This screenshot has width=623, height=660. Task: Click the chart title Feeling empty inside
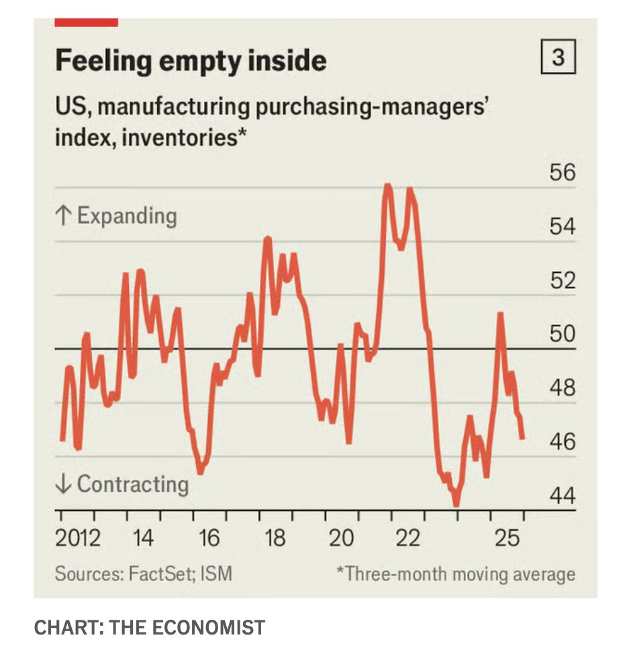point(191,61)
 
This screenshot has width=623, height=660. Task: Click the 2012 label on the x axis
point(78,538)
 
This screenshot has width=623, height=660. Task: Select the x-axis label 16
point(209,538)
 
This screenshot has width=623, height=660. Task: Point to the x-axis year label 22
point(408,538)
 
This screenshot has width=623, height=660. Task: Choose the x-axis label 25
point(507,538)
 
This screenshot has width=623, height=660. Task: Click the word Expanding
point(127,216)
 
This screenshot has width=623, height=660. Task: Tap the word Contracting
point(133,484)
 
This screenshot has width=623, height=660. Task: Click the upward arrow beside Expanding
point(63,216)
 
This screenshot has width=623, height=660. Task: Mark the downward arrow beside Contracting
point(63,484)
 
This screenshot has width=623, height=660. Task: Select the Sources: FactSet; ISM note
point(144,574)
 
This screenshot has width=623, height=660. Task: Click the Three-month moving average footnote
point(456,574)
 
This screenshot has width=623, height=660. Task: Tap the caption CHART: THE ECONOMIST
point(149,628)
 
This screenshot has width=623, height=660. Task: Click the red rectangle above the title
point(86,23)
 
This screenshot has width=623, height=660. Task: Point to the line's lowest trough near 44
point(457,502)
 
